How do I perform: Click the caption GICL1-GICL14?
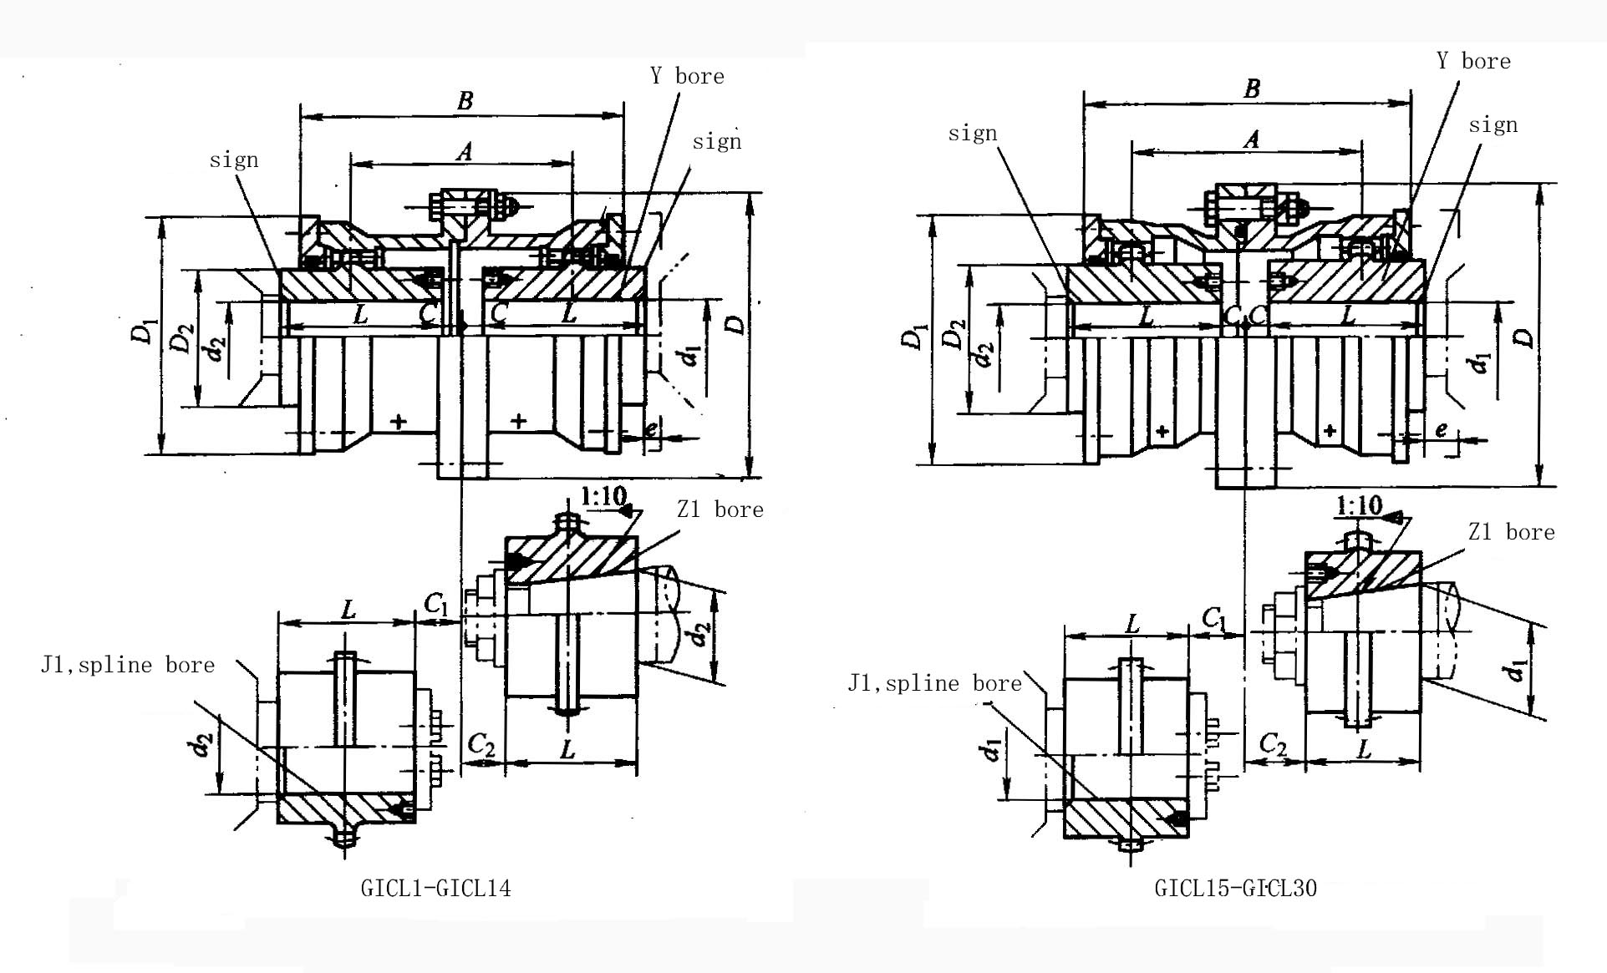pyautogui.click(x=435, y=888)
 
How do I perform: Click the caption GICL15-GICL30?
pyautogui.click(x=1235, y=888)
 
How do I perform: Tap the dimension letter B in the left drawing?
pyautogui.click(x=465, y=101)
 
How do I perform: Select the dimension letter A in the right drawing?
pyautogui.click(x=1251, y=139)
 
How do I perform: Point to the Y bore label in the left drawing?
pyautogui.click(x=687, y=76)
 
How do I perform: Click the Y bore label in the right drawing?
pyautogui.click(x=1473, y=61)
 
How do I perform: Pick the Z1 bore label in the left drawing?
pyautogui.click(x=720, y=509)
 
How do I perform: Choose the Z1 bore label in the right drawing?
pyautogui.click(x=1511, y=532)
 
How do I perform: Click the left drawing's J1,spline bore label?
pyautogui.click(x=128, y=665)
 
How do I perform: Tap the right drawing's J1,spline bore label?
pyautogui.click(x=934, y=683)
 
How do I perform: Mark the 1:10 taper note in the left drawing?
pyautogui.click(x=603, y=496)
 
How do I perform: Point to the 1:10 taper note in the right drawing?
pyautogui.click(x=1359, y=505)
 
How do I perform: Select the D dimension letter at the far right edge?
pyautogui.click(x=1525, y=337)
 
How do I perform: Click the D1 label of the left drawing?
pyautogui.click(x=145, y=332)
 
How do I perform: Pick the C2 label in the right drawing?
pyautogui.click(x=1272, y=742)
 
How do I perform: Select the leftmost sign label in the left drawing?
pyautogui.click(x=234, y=160)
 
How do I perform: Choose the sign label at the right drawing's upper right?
pyautogui.click(x=1493, y=124)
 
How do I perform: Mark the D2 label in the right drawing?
pyautogui.click(x=953, y=334)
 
